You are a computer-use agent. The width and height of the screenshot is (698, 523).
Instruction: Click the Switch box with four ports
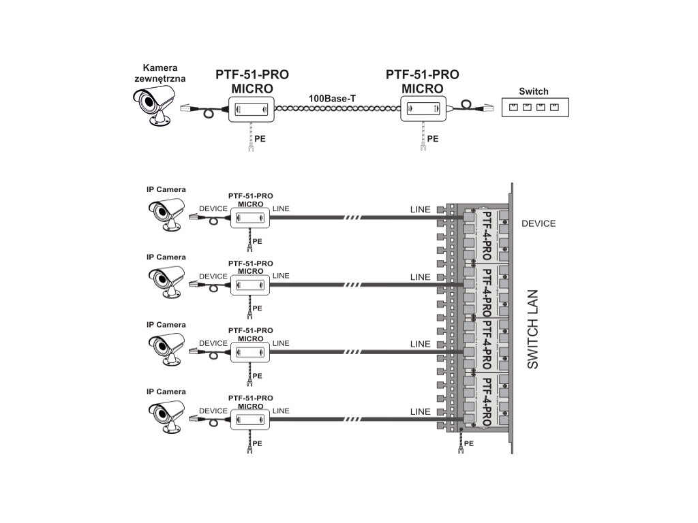(534, 108)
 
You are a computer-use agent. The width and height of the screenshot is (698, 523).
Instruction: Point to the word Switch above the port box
(533, 91)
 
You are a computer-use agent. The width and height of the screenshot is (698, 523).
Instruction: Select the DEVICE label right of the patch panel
(538, 223)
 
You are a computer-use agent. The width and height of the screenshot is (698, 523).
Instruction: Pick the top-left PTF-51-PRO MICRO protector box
(250, 108)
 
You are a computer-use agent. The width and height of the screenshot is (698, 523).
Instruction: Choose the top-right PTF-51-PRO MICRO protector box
(423, 107)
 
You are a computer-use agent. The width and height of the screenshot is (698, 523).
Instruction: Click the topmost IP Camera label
(166, 189)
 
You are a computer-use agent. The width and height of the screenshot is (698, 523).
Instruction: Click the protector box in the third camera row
(250, 352)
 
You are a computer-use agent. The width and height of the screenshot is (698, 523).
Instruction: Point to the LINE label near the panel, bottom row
(421, 412)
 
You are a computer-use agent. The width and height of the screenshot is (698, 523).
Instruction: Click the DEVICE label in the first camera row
(213, 208)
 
